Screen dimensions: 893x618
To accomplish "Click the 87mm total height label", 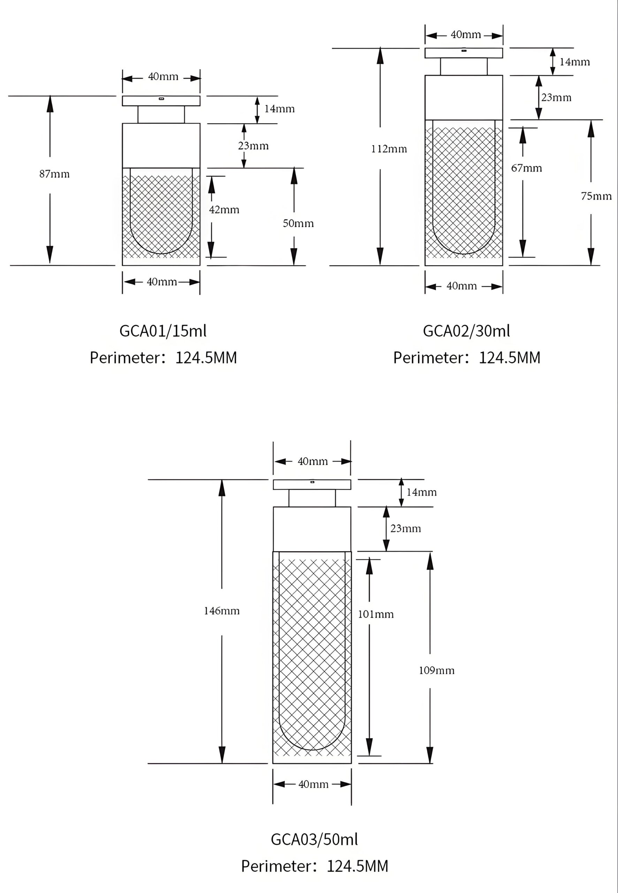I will [x=55, y=174].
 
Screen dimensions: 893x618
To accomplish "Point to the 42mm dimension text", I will [x=224, y=210].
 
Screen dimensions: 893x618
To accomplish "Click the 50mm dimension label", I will [x=298, y=224].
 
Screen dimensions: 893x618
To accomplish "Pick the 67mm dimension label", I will [x=526, y=168].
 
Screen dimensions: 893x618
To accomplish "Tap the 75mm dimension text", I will [x=596, y=196].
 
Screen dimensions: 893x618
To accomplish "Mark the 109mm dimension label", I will [x=436, y=670].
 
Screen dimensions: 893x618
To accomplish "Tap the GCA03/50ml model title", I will [x=314, y=840].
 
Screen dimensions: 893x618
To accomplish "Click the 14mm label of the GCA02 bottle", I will [x=575, y=62].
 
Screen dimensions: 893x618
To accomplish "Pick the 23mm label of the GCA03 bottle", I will [x=405, y=529].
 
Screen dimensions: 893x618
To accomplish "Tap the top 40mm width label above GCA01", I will [x=163, y=77].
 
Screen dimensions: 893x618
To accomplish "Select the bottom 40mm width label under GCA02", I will [x=461, y=286].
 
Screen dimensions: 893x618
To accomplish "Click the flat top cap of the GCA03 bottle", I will [x=312, y=485].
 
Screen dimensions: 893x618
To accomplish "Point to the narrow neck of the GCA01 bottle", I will [x=161, y=115].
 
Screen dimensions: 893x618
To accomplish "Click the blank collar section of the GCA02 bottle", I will [x=464, y=98].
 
